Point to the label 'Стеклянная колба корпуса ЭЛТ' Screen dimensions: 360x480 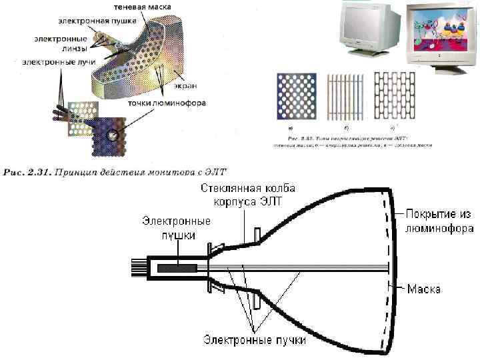(247, 195)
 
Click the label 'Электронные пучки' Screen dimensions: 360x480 (255, 340)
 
